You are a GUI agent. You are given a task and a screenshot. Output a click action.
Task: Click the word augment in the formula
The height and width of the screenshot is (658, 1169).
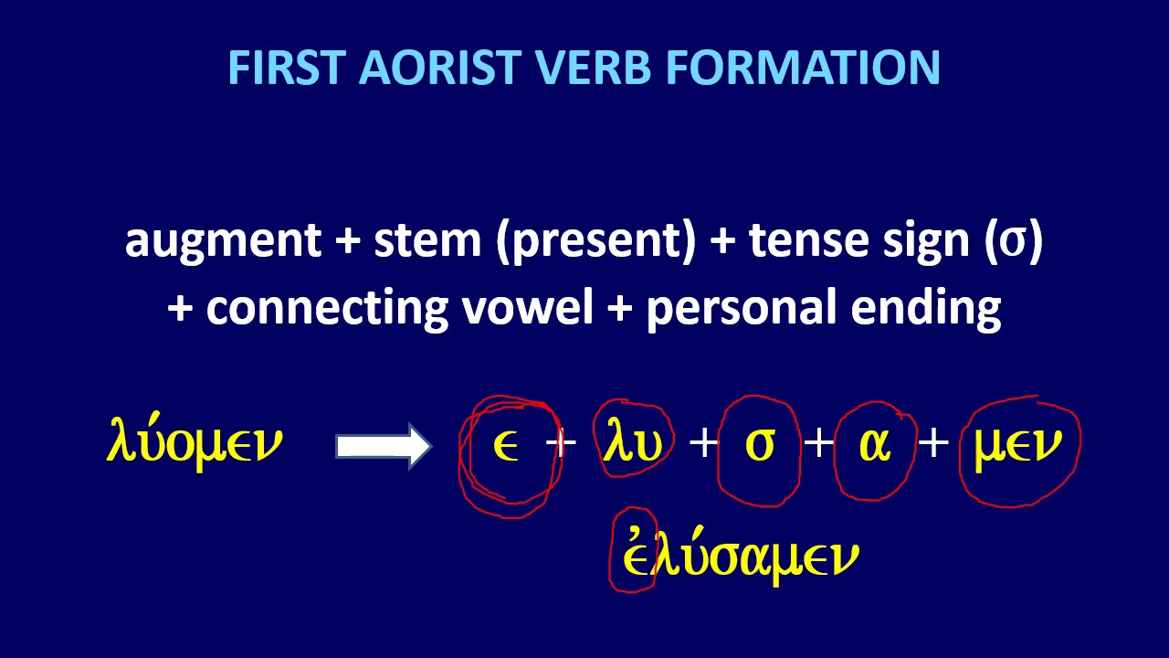223,241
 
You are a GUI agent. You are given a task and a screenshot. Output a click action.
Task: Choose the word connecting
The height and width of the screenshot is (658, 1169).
326,309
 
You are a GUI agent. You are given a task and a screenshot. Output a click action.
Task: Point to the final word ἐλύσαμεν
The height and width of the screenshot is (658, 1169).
740,557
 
